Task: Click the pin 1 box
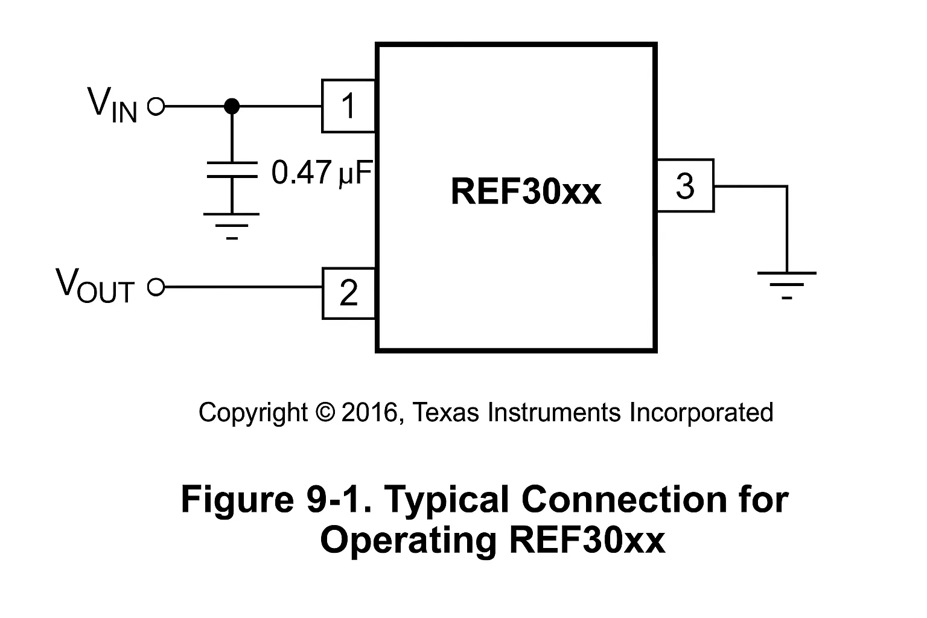tap(348, 106)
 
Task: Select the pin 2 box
tap(348, 293)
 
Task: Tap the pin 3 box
tap(685, 186)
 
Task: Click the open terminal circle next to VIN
tap(156, 107)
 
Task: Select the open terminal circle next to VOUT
tap(156, 287)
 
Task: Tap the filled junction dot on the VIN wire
tap(231, 107)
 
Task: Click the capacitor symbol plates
tap(231, 170)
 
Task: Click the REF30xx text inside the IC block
tap(526, 192)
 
